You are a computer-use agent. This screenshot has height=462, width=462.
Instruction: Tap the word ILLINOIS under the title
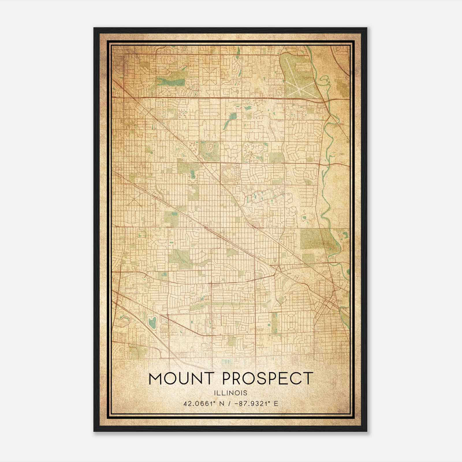pos(231,393)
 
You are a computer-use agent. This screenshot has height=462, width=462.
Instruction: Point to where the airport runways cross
pos(300,84)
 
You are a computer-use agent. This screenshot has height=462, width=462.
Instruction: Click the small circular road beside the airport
pos(280,92)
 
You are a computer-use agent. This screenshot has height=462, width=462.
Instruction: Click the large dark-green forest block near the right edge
pos(313,239)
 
